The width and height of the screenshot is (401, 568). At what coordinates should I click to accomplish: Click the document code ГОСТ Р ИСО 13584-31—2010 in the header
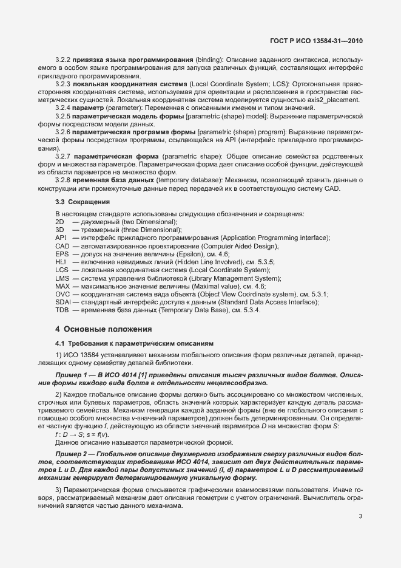coord(317,40)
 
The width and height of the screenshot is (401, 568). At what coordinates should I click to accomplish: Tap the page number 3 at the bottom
coord(360,517)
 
